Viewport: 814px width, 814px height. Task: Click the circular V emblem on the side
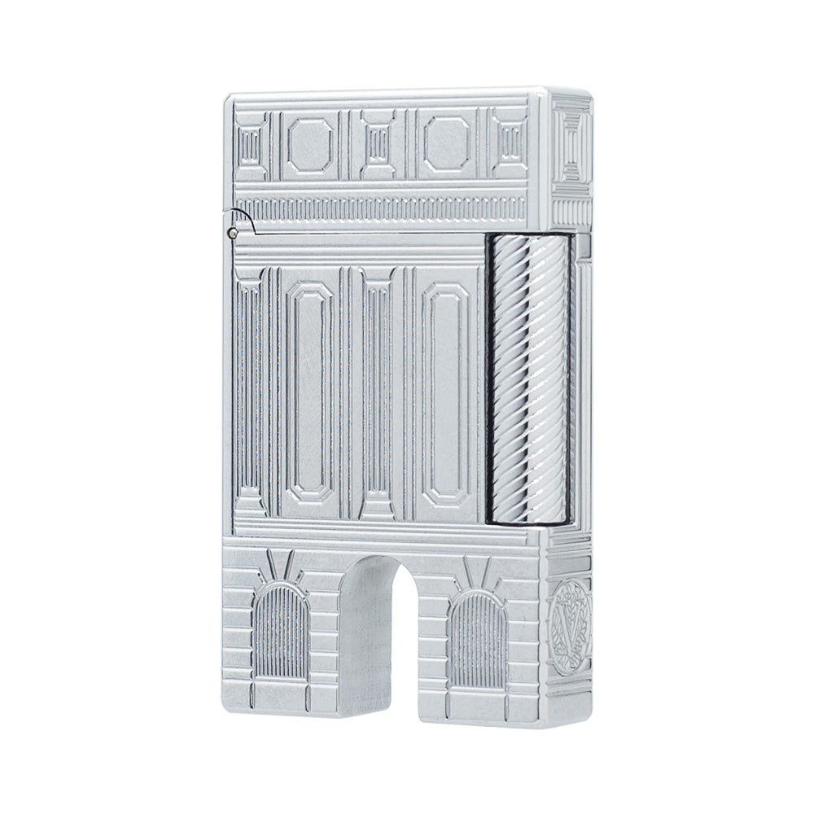[569, 619]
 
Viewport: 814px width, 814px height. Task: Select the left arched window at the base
[282, 635]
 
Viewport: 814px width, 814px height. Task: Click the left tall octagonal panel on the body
[310, 391]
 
